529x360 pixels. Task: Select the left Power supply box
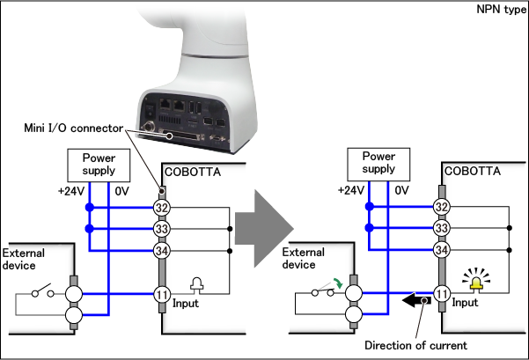click(x=99, y=162)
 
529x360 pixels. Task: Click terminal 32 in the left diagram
click(x=162, y=208)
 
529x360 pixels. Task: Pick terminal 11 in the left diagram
click(x=162, y=294)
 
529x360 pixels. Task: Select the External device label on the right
click(x=305, y=256)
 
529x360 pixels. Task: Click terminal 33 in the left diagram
click(x=162, y=230)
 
